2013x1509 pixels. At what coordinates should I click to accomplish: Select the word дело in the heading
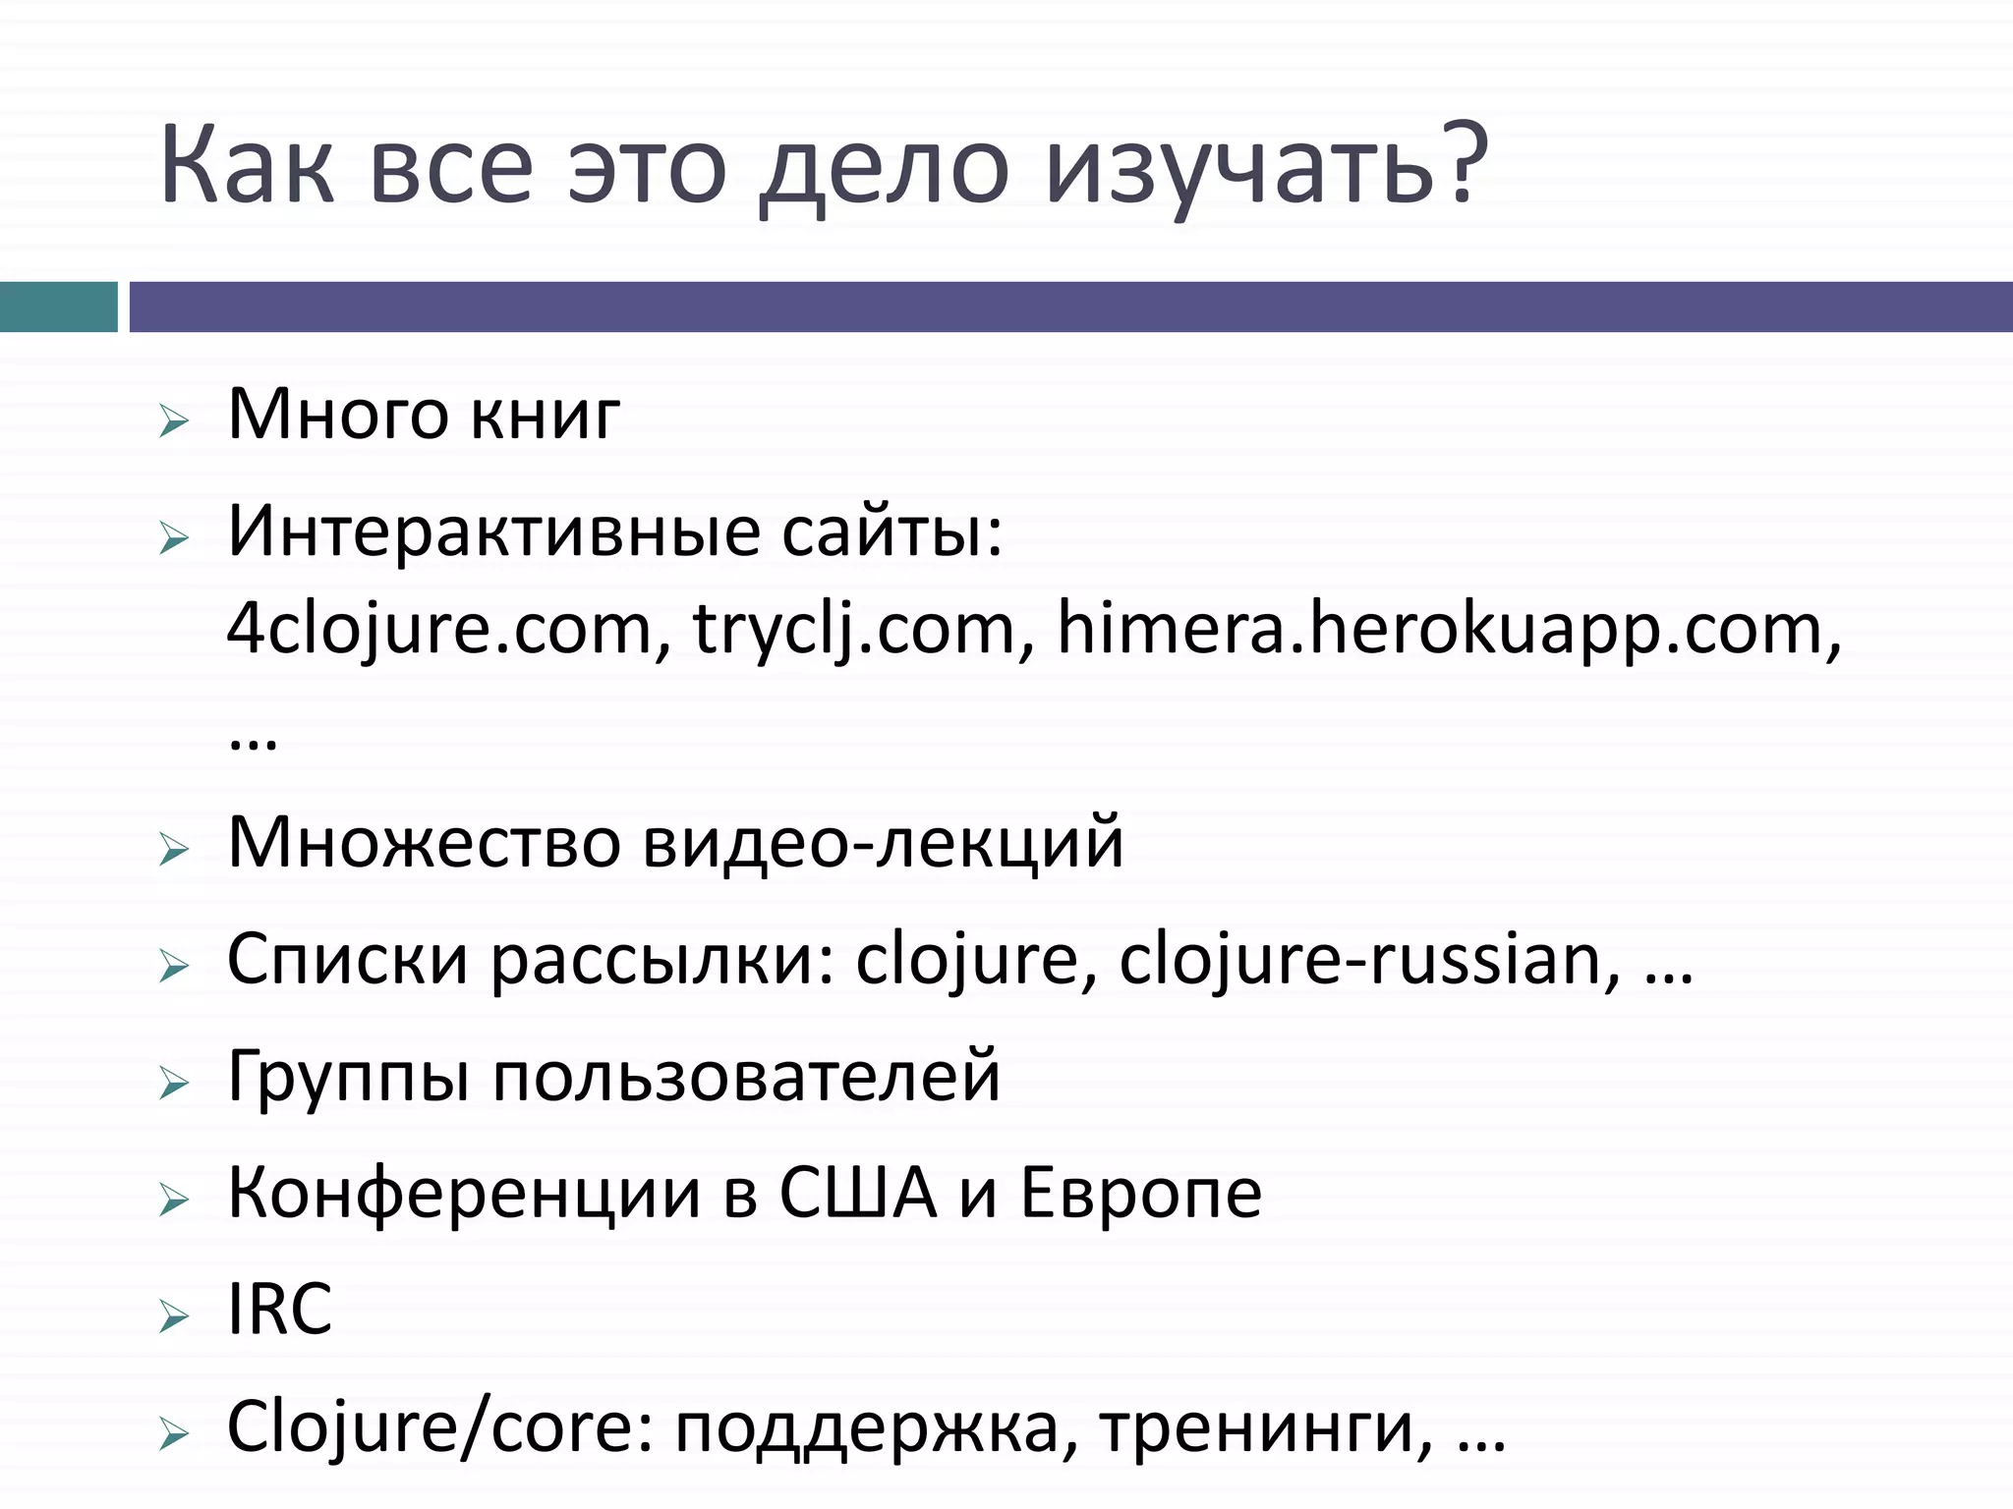(x=885, y=167)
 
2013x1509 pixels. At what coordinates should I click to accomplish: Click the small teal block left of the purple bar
(x=58, y=307)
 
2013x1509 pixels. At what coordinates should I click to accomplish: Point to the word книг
(x=545, y=415)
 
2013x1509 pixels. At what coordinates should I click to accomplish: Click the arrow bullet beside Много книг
(x=173, y=423)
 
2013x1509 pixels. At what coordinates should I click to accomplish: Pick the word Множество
(x=423, y=843)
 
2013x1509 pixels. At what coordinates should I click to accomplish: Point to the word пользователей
(x=746, y=1077)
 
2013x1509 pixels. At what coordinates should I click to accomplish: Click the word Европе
(x=1141, y=1194)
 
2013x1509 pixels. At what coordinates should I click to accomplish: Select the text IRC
(x=280, y=1310)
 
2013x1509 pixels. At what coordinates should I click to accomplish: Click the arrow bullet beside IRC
(x=173, y=1317)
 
